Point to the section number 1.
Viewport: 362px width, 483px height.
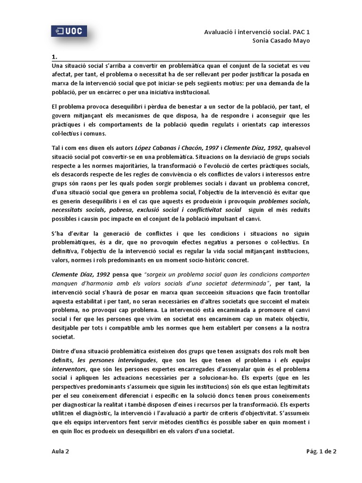tap(54, 58)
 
